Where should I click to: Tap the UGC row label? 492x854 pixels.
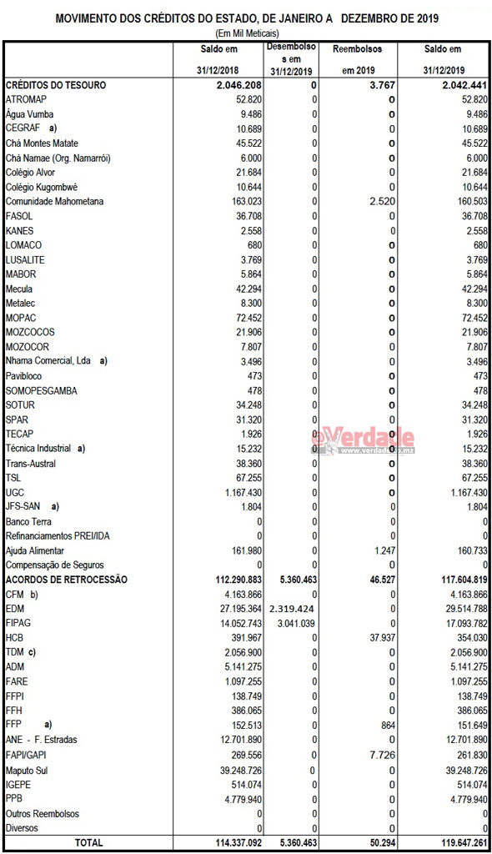pyautogui.click(x=16, y=492)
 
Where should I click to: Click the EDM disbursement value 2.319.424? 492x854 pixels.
pyautogui.click(x=287, y=609)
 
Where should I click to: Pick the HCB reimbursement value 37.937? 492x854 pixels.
pyautogui.click(x=380, y=638)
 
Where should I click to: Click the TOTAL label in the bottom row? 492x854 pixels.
pyautogui.click(x=89, y=843)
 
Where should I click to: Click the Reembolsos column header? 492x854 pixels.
pyautogui.click(x=358, y=49)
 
